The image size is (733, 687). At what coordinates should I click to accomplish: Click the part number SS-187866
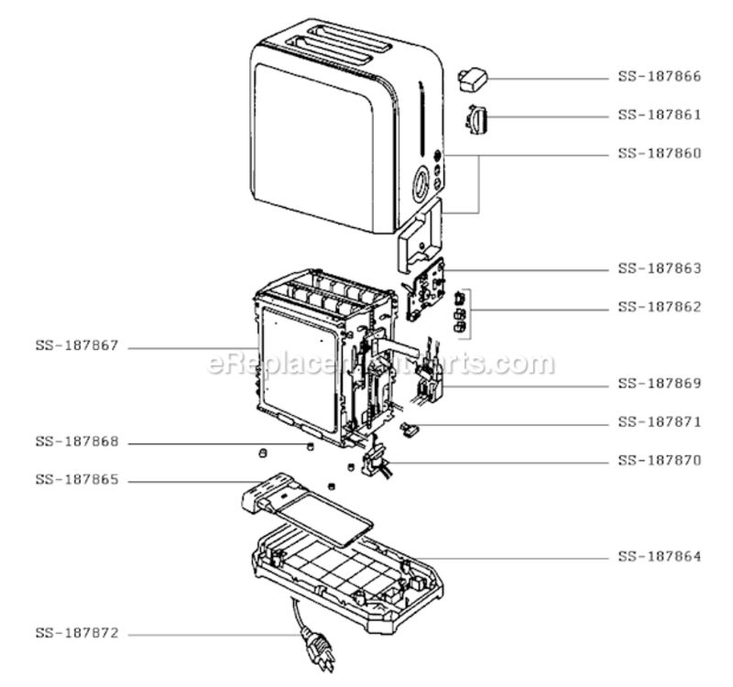[x=660, y=76]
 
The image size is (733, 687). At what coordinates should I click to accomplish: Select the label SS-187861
[x=660, y=114]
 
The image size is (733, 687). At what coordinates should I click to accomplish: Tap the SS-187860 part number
[x=660, y=153]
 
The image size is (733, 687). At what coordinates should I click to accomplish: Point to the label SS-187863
[x=660, y=268]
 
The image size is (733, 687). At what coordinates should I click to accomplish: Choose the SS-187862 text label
[x=660, y=307]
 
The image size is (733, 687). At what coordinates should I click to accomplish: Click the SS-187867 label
[x=77, y=346]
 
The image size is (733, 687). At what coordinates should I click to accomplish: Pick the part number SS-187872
[x=77, y=633]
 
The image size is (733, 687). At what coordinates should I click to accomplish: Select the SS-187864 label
[x=660, y=557]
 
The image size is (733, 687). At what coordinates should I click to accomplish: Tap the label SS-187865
[x=77, y=480]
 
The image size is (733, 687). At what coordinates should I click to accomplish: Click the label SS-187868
[x=77, y=442]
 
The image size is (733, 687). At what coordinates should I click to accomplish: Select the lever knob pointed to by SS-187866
[x=473, y=79]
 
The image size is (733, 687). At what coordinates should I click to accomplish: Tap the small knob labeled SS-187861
[x=476, y=120]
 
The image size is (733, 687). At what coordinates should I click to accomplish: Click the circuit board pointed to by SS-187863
[x=424, y=289]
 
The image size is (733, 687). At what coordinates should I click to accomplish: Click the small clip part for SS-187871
[x=410, y=429]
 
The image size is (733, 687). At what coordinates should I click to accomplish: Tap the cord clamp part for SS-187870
[x=376, y=462]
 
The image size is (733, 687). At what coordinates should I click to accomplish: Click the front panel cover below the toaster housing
[x=421, y=235]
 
